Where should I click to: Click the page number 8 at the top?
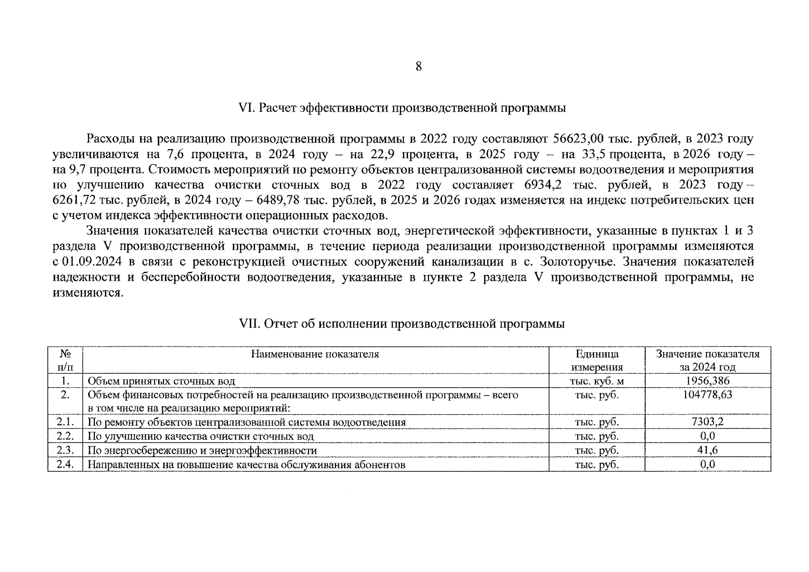[418, 67]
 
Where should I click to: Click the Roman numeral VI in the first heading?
[247, 108]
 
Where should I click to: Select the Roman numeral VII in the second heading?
[249, 324]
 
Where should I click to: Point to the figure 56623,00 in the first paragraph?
[578, 139]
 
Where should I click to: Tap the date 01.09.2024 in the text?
[93, 262]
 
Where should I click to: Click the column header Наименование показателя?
[315, 354]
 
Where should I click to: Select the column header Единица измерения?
[597, 360]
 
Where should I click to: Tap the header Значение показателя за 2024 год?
[707, 360]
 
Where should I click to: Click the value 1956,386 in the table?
[707, 381]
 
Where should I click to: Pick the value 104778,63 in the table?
[707, 395]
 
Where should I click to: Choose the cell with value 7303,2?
[707, 422]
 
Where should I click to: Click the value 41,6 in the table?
[707, 450]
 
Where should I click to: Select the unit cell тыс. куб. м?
[597, 381]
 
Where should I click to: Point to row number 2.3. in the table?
[65, 450]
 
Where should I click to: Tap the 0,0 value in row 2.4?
[707, 464]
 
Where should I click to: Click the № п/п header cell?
[65, 360]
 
